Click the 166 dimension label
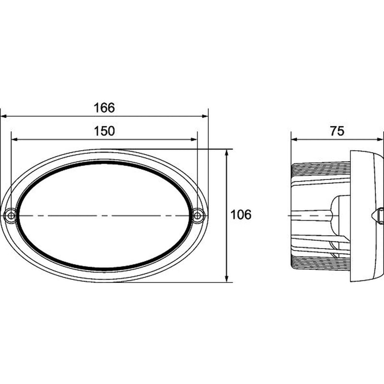[104, 108]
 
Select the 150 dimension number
[104, 131]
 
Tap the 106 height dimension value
[241, 215]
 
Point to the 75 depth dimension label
[337, 131]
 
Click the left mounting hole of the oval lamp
[11, 216]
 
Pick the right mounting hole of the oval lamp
[198, 216]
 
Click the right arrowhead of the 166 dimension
[205, 116]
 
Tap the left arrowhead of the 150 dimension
[14, 139]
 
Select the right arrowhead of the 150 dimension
[194, 139]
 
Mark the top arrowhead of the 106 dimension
[227, 153]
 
